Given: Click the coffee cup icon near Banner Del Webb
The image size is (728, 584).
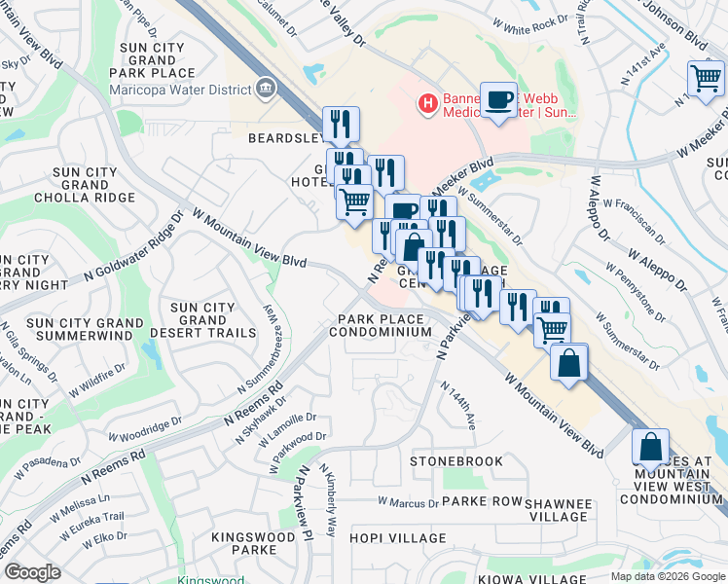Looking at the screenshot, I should [x=498, y=99].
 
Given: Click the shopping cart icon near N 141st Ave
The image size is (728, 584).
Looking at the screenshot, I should [x=706, y=79].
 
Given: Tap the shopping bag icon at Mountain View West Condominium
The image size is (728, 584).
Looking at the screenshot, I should [x=649, y=448].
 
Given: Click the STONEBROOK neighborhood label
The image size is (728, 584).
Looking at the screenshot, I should [x=456, y=460].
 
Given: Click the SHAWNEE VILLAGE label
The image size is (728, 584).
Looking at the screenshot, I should [x=558, y=510].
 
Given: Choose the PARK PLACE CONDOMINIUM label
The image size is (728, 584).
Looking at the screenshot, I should [x=380, y=325].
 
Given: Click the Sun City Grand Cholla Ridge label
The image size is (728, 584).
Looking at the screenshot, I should [x=85, y=185].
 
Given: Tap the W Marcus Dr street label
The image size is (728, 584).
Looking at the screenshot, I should [x=409, y=503].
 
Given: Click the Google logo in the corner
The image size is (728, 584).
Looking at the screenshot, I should [x=33, y=572].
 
